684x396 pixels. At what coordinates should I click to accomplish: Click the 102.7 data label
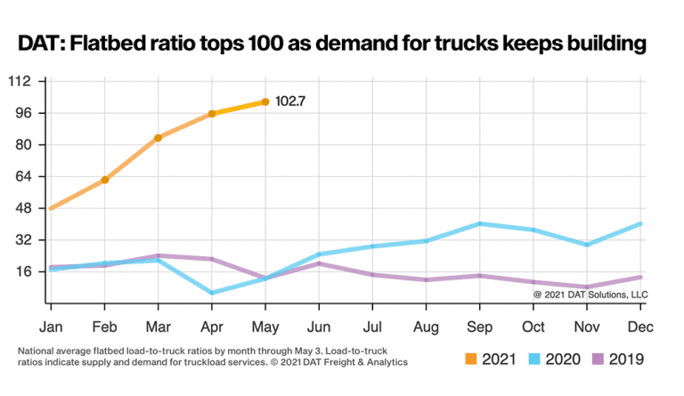click(x=290, y=101)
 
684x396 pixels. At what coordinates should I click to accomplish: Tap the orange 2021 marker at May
click(x=265, y=102)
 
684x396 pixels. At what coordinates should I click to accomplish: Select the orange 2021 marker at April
click(x=212, y=114)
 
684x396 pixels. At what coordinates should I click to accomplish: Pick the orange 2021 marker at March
click(x=158, y=138)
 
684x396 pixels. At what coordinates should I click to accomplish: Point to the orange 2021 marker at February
click(x=105, y=180)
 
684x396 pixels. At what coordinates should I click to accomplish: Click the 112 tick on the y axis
click(x=20, y=81)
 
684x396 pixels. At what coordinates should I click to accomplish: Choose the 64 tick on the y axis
click(x=24, y=176)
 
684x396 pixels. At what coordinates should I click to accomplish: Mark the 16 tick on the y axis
click(x=24, y=271)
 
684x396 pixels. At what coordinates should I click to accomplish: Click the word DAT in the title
click(x=41, y=42)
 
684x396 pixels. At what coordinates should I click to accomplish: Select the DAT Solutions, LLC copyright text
click(x=590, y=293)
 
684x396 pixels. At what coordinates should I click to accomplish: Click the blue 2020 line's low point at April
click(x=212, y=293)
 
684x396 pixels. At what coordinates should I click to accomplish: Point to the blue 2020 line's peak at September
click(x=481, y=223)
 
